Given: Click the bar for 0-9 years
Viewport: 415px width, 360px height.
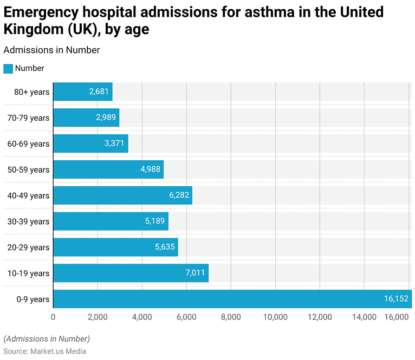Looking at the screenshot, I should [232, 299].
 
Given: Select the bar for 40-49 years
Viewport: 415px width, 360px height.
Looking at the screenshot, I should [122, 195].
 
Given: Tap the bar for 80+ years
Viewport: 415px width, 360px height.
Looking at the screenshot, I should [82, 91].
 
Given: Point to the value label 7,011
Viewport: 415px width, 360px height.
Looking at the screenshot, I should [195, 273].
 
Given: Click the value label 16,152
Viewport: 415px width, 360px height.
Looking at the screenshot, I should [396, 299].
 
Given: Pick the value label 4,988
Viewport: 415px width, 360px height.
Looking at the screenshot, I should [150, 169].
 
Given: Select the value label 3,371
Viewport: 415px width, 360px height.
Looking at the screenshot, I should [114, 143].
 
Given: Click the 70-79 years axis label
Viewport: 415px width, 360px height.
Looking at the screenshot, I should [31, 117].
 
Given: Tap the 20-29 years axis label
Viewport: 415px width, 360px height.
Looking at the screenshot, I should [31, 247].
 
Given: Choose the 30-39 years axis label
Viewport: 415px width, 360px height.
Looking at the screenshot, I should [31, 221].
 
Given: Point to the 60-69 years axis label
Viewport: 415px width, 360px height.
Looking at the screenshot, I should [31, 143].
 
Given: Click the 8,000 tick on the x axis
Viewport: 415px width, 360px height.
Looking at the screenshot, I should [231, 317].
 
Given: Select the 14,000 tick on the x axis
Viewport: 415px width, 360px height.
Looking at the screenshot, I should [364, 317].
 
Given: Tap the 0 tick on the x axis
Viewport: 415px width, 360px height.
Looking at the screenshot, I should [53, 317].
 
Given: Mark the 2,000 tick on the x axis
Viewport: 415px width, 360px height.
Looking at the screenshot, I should [98, 317].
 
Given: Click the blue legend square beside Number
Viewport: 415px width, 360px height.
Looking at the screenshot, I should [8, 69].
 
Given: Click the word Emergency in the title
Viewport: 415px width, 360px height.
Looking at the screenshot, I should [41, 12].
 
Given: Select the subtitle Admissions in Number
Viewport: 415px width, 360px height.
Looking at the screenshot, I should [51, 50].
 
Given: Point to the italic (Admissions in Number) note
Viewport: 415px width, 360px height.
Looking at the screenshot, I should [47, 339].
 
